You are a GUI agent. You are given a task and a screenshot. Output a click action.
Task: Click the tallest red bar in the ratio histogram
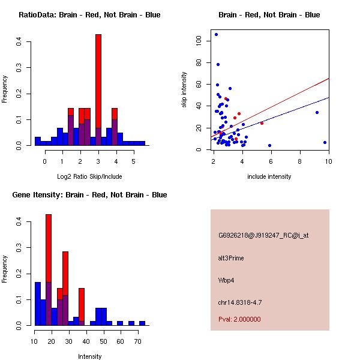click(x=98, y=90)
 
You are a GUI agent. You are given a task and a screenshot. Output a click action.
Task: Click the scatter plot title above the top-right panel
click(x=269, y=15)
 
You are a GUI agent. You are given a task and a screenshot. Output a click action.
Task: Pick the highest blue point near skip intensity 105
click(x=216, y=34)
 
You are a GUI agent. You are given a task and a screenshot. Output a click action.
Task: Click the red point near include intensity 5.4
click(x=262, y=123)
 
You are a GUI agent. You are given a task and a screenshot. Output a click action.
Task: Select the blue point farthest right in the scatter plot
click(x=325, y=142)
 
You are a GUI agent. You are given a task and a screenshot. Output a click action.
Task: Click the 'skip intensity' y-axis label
click(x=185, y=90)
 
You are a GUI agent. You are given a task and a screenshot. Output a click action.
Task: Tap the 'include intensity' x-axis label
click(x=269, y=176)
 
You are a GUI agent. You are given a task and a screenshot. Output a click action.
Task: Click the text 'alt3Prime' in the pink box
click(x=231, y=258)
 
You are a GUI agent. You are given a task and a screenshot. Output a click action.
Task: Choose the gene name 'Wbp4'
click(x=227, y=280)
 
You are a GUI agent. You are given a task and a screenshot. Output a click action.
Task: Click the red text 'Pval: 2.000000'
click(x=239, y=319)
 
